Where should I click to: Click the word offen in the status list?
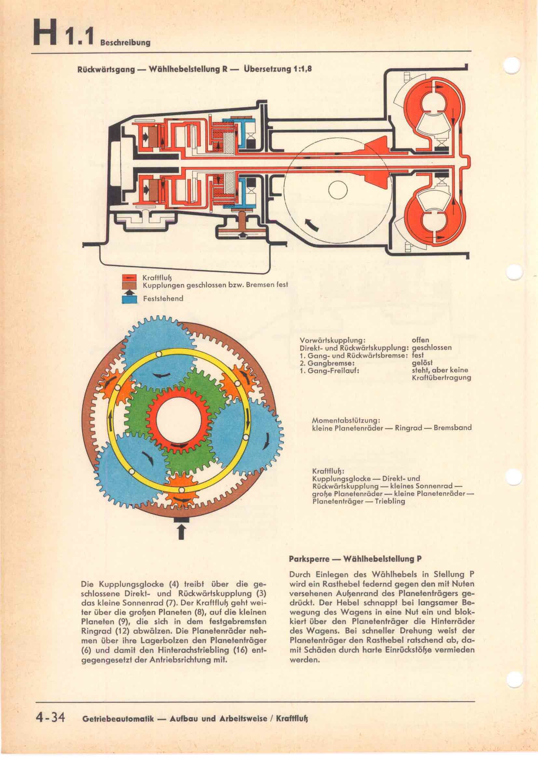click(x=420, y=340)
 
